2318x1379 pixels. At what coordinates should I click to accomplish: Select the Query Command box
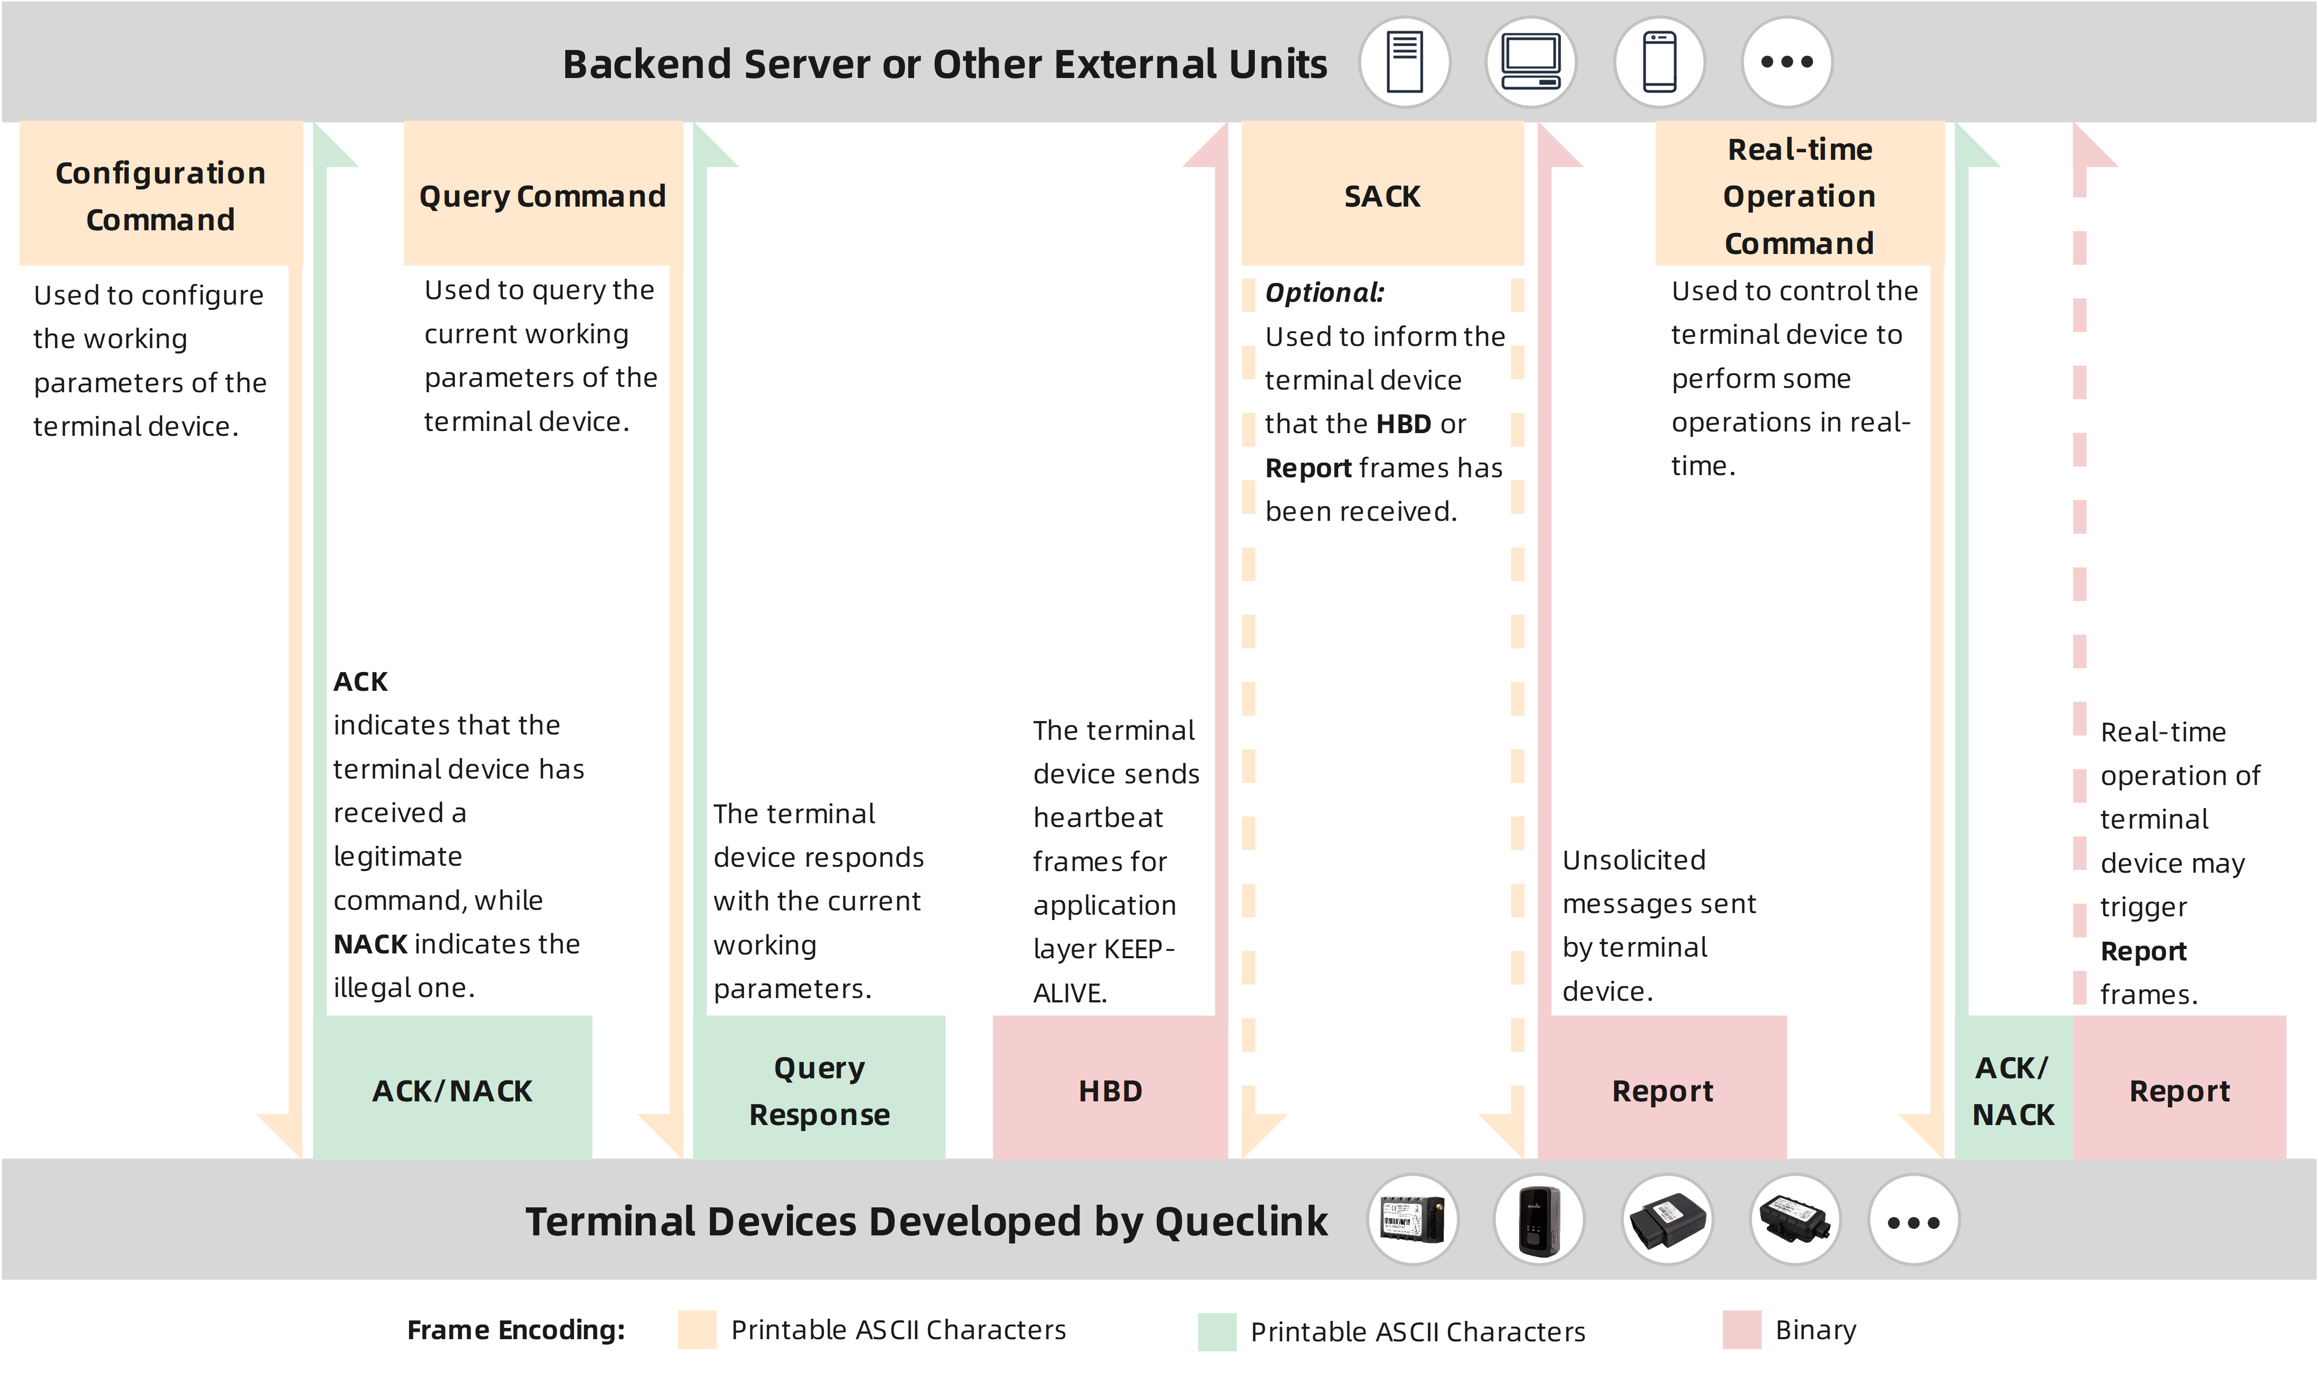pyautogui.click(x=542, y=195)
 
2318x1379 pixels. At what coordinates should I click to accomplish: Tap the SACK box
pyautogui.click(x=1382, y=195)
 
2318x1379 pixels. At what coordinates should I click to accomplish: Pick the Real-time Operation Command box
pyautogui.click(x=1800, y=195)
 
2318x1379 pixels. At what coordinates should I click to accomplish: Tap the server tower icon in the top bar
pyautogui.click(x=1404, y=62)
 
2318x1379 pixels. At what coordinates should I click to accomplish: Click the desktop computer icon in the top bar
pyautogui.click(x=1531, y=62)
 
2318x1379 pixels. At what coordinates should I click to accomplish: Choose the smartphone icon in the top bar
pyautogui.click(x=1659, y=62)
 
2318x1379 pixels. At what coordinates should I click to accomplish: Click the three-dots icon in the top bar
pyautogui.click(x=1786, y=62)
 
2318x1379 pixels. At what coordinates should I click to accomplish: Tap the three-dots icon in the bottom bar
pyautogui.click(x=1913, y=1221)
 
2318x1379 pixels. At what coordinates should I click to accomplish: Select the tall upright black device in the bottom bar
pyautogui.click(x=1538, y=1221)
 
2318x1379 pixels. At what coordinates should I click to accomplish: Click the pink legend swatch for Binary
pyautogui.click(x=1741, y=1330)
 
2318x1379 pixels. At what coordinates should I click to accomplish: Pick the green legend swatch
pyautogui.click(x=1217, y=1332)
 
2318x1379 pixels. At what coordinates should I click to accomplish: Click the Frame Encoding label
pyautogui.click(x=516, y=1330)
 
